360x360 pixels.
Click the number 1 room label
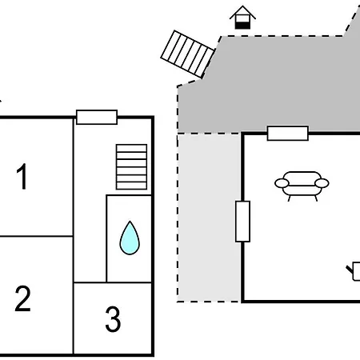(x=22, y=176)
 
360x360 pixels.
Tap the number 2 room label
(x=22, y=298)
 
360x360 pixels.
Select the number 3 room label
(x=113, y=318)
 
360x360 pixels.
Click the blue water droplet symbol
(x=130, y=238)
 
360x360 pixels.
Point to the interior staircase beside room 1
(x=131, y=167)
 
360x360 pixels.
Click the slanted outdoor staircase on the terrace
(x=187, y=54)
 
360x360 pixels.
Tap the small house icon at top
(x=242, y=17)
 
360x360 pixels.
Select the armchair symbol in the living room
(x=302, y=186)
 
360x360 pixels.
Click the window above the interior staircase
(x=97, y=117)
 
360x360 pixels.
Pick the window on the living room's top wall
(x=288, y=133)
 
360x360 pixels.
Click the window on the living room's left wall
(x=242, y=222)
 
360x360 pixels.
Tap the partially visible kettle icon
(x=354, y=271)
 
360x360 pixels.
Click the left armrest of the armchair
(x=282, y=183)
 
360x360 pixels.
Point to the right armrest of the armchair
(x=322, y=183)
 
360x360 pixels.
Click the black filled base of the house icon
(x=242, y=26)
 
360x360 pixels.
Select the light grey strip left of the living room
(x=210, y=218)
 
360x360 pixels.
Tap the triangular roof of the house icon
(x=242, y=12)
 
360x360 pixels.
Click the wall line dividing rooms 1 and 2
(x=37, y=236)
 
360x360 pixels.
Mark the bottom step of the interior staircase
(x=131, y=186)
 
